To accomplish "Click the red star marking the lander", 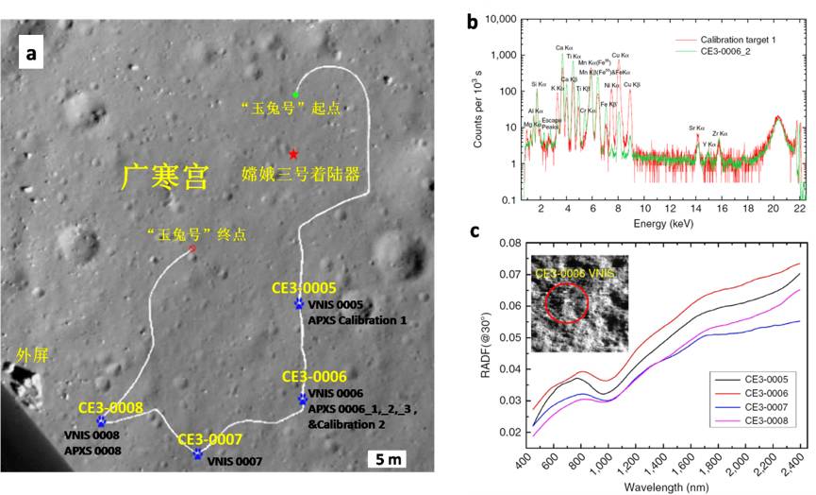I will coord(294,153).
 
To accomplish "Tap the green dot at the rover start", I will coord(295,94).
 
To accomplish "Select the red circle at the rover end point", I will coord(192,249).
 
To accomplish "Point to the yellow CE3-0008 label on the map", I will coord(110,409).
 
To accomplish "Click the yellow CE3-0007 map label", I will coord(210,439).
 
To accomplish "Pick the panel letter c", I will coord(474,230).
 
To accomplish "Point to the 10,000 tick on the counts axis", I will coord(507,19).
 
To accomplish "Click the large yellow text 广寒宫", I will coord(165,177).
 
